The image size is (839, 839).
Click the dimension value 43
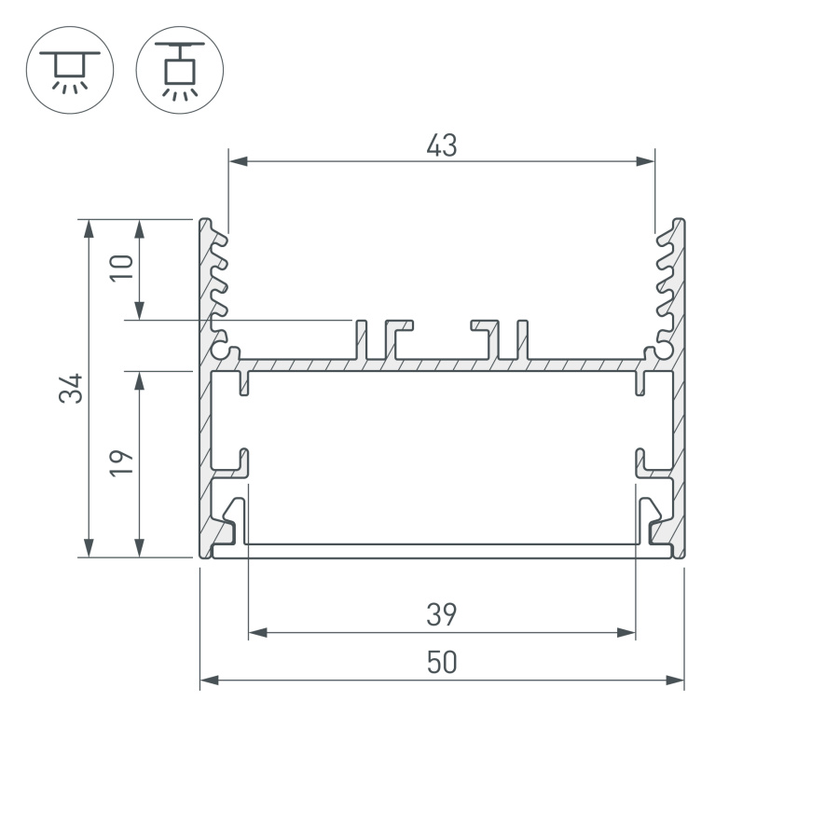442,146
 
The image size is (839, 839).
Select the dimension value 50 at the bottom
442,663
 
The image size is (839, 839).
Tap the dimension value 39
442,615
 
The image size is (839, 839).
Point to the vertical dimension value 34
72,388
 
